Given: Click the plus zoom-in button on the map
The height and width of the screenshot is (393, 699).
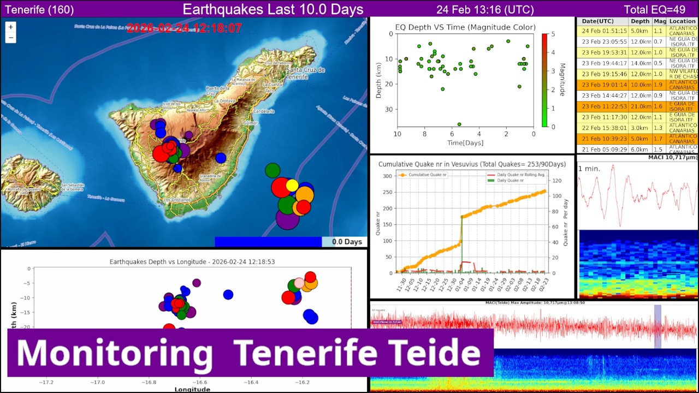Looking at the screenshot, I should tap(11, 27).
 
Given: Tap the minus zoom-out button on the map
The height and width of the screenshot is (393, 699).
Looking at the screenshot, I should tap(11, 38).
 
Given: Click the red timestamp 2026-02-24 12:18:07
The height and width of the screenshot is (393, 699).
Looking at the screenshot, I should tap(184, 28).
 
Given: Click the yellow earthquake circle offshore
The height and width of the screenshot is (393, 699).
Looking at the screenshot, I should tap(292, 185).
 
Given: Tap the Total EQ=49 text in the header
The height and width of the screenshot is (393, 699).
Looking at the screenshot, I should tap(654, 9).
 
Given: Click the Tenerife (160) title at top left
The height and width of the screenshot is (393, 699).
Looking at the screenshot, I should tap(39, 9).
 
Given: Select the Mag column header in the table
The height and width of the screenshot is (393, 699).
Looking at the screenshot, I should tap(660, 21).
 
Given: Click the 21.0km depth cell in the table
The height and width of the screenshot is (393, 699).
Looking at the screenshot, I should tap(640, 106).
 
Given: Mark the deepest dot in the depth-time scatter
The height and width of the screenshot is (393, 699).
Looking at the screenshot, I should tap(459, 124).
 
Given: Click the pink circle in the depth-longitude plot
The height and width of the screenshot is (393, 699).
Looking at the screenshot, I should tap(299, 283).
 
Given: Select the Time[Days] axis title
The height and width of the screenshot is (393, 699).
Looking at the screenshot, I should tap(465, 143).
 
